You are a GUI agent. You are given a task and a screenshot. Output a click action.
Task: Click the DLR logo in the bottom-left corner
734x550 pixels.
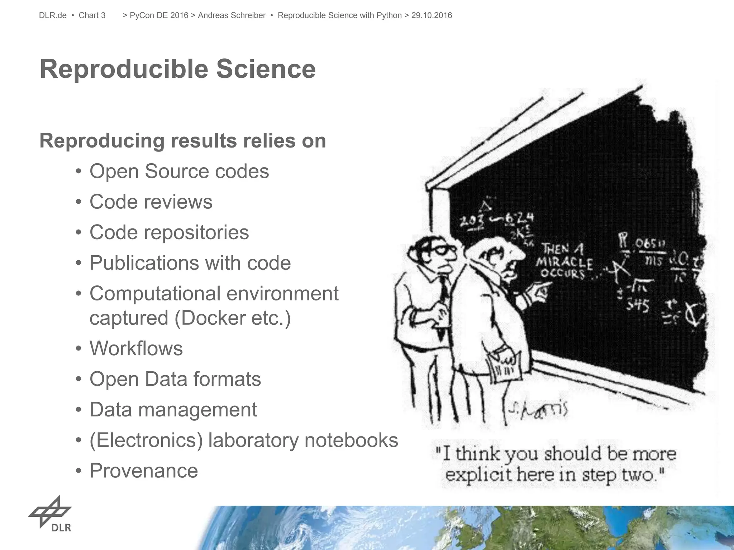pyautogui.click(x=51, y=514)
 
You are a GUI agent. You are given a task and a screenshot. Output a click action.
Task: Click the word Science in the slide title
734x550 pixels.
pyautogui.click(x=266, y=69)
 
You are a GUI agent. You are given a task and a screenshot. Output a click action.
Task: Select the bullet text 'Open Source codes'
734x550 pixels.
pyautogui.click(x=179, y=171)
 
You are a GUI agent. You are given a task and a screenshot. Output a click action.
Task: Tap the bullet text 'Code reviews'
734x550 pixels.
pyautogui.click(x=151, y=202)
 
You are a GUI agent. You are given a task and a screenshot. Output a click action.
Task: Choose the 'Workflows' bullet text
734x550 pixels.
pyautogui.click(x=136, y=348)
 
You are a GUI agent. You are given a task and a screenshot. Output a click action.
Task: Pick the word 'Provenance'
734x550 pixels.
pyautogui.click(x=144, y=471)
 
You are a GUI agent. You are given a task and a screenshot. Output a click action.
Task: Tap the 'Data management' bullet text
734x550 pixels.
pyautogui.click(x=173, y=410)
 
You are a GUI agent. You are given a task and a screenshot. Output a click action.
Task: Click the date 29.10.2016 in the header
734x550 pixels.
pyautogui.click(x=432, y=15)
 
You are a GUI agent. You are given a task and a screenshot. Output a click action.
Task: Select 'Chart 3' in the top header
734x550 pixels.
pyautogui.click(x=92, y=15)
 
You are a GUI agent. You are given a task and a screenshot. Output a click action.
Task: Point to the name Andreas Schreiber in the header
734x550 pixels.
pyautogui.click(x=232, y=15)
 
